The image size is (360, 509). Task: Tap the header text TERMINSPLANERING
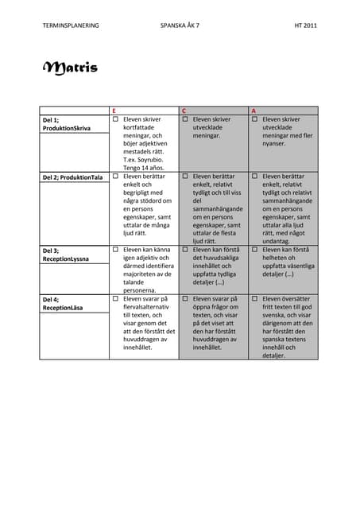pyautogui.click(x=71, y=25)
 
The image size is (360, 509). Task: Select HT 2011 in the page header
pyautogui.click(x=306, y=25)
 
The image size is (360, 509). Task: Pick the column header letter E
pyautogui.click(x=114, y=110)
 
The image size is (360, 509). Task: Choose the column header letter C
pyautogui.click(x=184, y=110)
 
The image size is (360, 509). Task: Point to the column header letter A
pyautogui.click(x=254, y=110)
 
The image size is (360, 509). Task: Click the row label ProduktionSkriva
pyautogui.click(x=66, y=127)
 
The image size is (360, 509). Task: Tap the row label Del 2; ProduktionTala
pyautogui.click(x=72, y=177)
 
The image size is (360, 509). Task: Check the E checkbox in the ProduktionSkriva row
pyautogui.click(x=115, y=119)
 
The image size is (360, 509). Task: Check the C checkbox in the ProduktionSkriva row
pyautogui.click(x=185, y=119)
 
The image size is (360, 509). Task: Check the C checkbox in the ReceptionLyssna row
pyautogui.click(x=185, y=250)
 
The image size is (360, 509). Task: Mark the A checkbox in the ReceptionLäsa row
pyautogui.click(x=254, y=299)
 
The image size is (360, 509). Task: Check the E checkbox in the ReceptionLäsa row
pyautogui.click(x=115, y=299)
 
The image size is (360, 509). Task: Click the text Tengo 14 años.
pyautogui.click(x=143, y=167)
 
